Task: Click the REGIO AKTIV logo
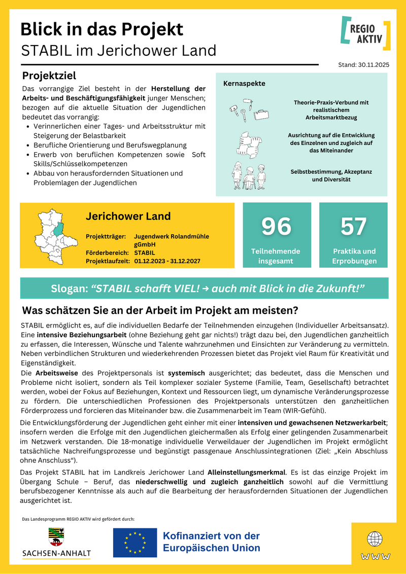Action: (365, 33)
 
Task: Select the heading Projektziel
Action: (49, 76)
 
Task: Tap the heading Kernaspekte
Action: (244, 83)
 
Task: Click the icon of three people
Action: (249, 175)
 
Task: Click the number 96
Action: (276, 226)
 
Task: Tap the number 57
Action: (353, 226)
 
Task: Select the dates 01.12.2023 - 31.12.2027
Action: (167, 261)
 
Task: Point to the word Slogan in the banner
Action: (69, 289)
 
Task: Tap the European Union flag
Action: (134, 542)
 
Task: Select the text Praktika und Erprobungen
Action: (354, 256)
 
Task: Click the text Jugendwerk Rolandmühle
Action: (172, 236)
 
